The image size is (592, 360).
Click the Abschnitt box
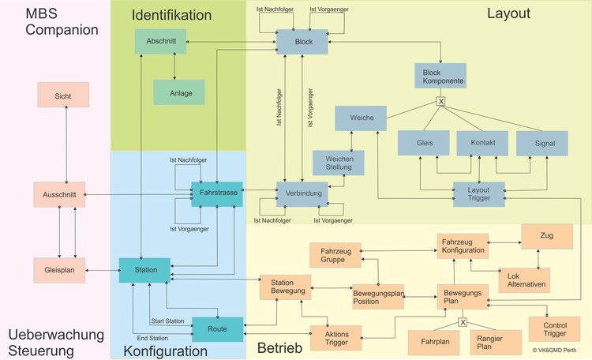click(x=160, y=41)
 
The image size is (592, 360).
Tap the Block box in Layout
click(x=302, y=41)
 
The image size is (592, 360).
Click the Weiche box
click(x=359, y=118)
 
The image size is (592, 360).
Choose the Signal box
click(x=541, y=143)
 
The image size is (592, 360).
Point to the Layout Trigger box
click(x=479, y=193)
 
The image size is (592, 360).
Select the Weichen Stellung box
click(x=339, y=163)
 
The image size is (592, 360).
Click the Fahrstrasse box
click(x=216, y=193)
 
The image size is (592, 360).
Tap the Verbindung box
click(x=302, y=194)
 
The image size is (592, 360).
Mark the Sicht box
click(x=63, y=96)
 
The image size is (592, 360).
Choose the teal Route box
click(x=217, y=328)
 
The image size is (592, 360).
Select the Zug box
click(x=546, y=236)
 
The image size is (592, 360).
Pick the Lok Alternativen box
click(x=524, y=280)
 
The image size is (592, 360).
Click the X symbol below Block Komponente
click(x=442, y=100)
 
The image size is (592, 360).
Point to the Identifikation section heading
click(x=171, y=15)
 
